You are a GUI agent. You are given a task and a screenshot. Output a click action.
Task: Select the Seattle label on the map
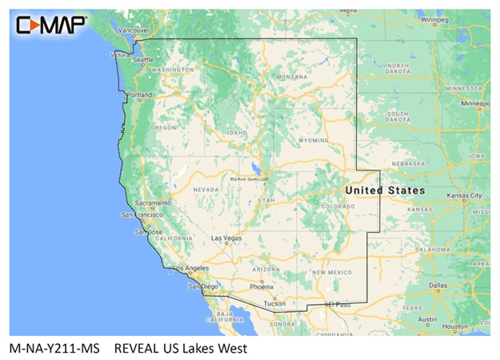click(144, 60)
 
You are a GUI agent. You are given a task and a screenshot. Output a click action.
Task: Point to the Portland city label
click(139, 95)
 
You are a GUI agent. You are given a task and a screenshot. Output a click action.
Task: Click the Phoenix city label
click(261, 286)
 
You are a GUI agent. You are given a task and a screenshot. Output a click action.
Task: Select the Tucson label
click(274, 304)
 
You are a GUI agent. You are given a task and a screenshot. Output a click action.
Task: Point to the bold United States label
click(385, 190)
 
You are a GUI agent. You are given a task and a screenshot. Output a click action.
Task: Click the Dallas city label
click(438, 285)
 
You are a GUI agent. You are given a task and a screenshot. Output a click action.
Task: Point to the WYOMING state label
click(313, 140)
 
